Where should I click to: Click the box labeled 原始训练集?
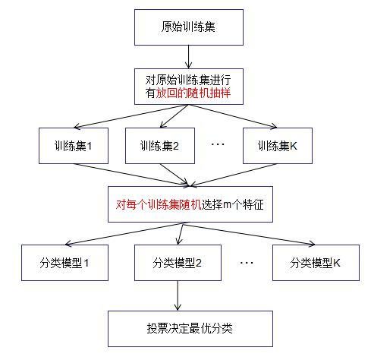click(x=189, y=27)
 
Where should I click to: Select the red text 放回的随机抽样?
click(x=193, y=93)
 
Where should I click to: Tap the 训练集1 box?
click(x=74, y=146)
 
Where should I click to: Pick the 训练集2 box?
click(x=160, y=146)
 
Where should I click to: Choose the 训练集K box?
click(x=278, y=146)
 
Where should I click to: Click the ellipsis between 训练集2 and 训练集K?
click(x=218, y=144)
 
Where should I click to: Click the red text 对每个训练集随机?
click(x=159, y=204)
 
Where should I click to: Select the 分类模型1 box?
click(x=64, y=263)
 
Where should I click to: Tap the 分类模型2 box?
click(x=178, y=263)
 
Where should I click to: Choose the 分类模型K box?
click(x=316, y=263)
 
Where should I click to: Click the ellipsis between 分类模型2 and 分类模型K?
click(x=247, y=263)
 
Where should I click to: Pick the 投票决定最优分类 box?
click(x=190, y=329)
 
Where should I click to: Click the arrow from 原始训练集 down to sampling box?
click(x=188, y=57)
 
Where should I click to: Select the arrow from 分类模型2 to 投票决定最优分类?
click(x=178, y=295)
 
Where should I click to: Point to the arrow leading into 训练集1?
click(x=131, y=116)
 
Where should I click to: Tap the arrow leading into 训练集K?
click(x=233, y=116)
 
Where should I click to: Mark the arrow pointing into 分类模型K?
click(x=249, y=234)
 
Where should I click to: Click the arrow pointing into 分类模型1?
click(x=124, y=234)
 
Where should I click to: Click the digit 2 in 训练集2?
click(x=175, y=146)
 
